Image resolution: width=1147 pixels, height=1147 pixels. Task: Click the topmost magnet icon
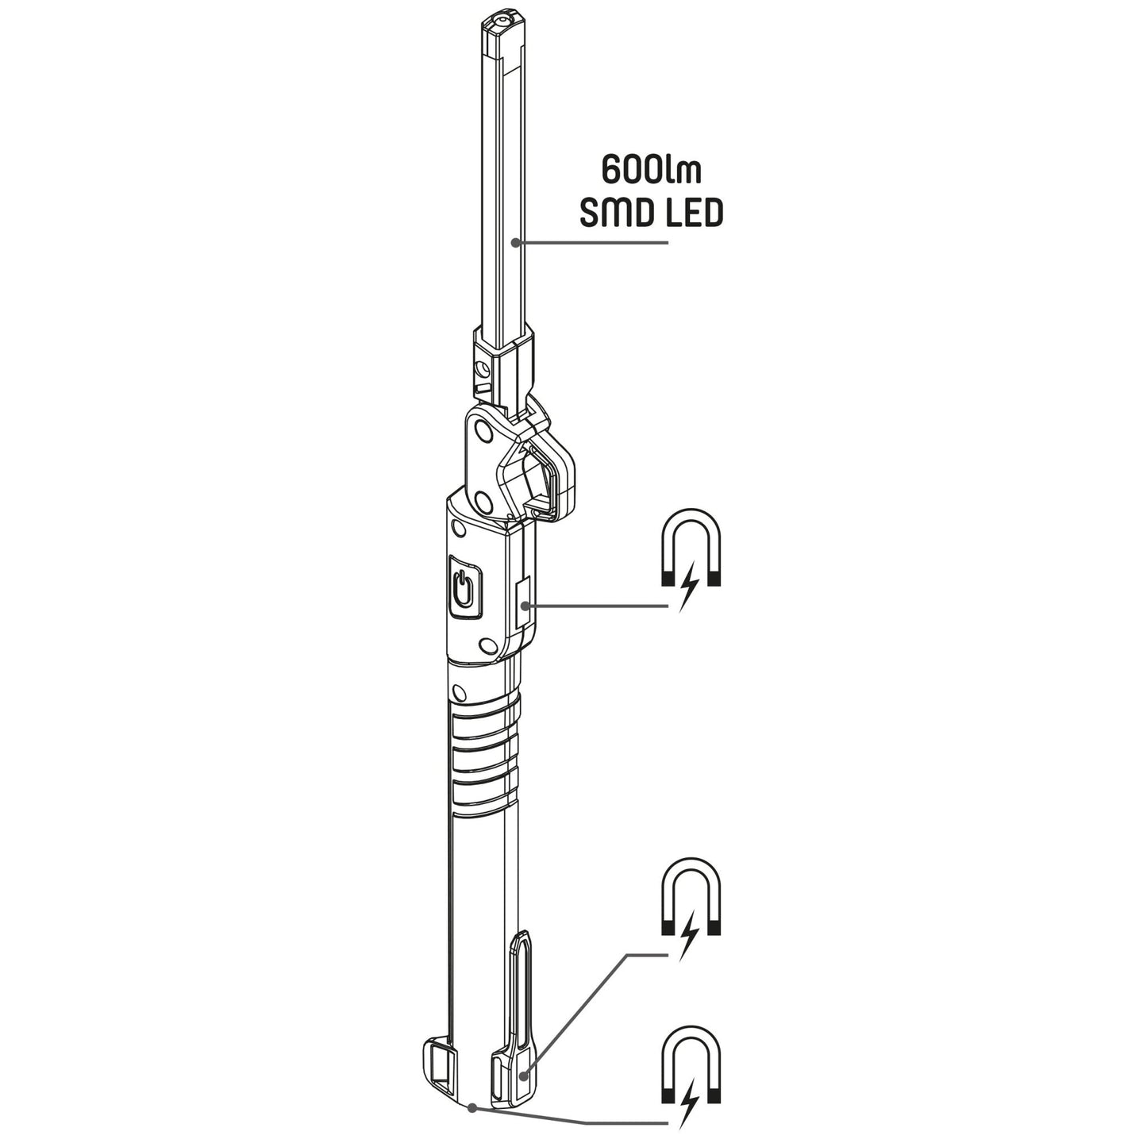tap(691, 547)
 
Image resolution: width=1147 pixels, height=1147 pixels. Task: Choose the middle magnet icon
tap(691, 897)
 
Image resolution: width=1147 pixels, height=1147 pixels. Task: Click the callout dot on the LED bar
tap(517, 242)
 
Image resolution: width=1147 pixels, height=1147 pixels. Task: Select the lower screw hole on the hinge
tap(479, 500)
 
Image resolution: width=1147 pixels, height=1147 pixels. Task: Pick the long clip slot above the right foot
tap(522, 984)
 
